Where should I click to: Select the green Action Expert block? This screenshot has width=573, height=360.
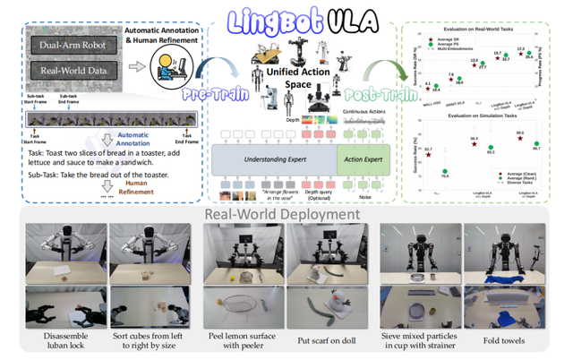[x=363, y=158]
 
